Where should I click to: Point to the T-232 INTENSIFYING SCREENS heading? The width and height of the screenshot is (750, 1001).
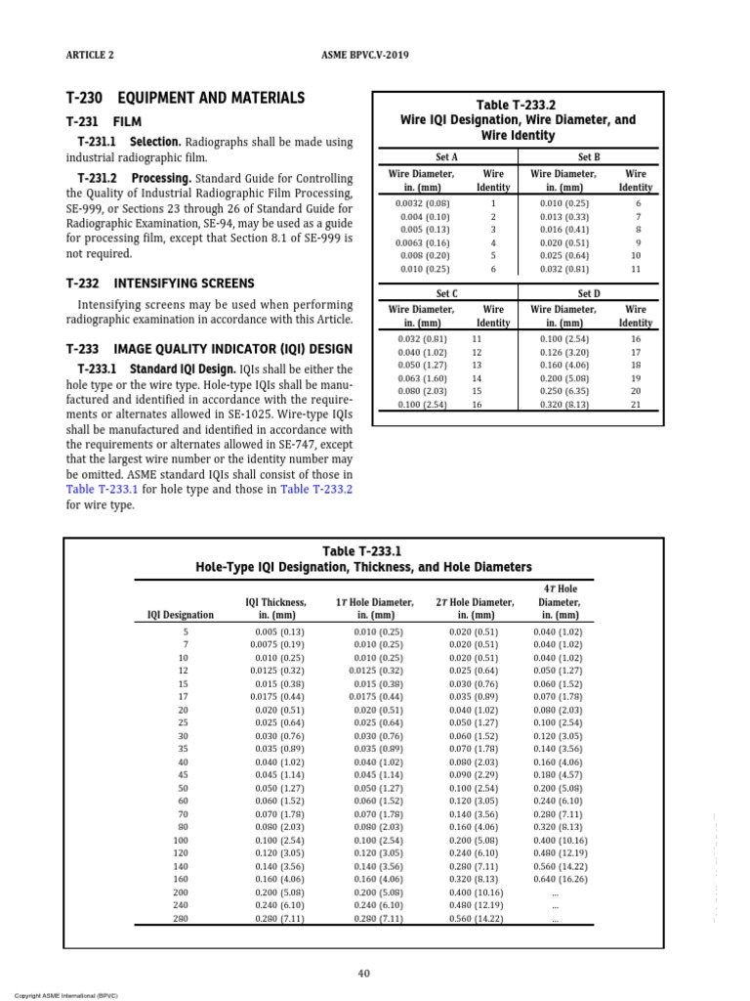coord(159,283)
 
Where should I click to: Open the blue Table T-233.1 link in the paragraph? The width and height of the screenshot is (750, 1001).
coord(103,487)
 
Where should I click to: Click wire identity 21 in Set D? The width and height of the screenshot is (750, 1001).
coord(636,404)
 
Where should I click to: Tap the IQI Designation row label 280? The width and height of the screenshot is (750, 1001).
coord(181,919)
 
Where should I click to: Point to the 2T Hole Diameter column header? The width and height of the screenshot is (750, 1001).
coord(475,609)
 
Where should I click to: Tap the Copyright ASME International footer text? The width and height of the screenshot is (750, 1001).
coord(56,995)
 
